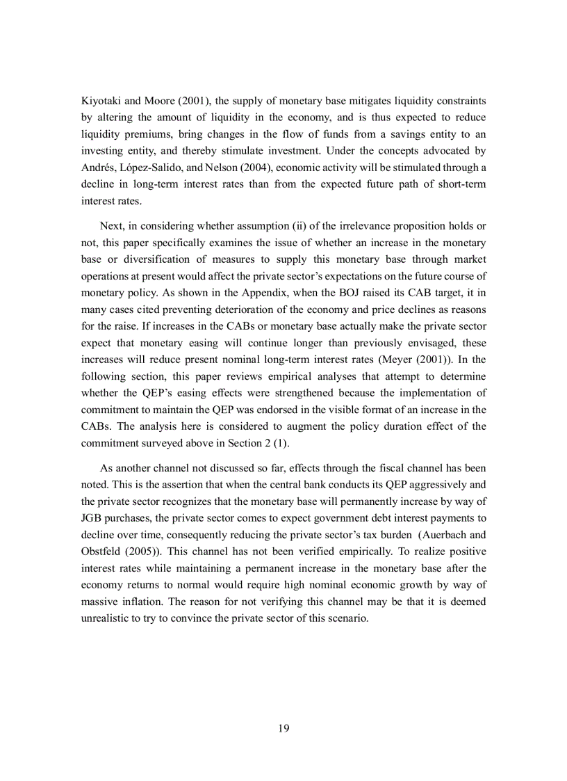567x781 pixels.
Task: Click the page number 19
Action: click(x=283, y=728)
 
